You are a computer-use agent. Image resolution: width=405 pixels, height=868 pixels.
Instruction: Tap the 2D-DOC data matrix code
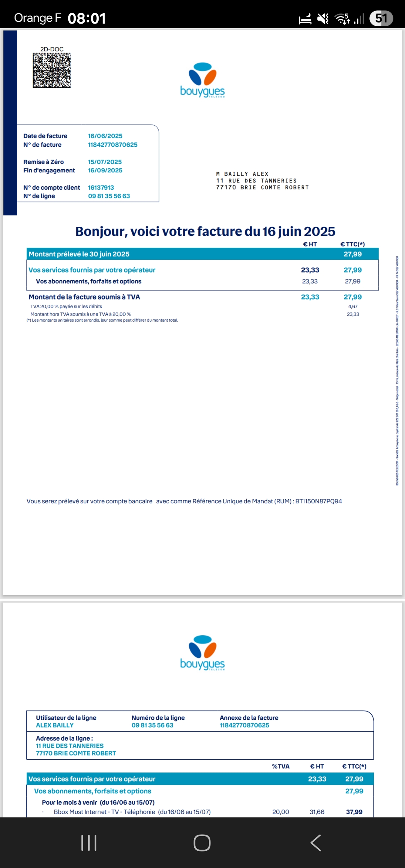click(x=52, y=70)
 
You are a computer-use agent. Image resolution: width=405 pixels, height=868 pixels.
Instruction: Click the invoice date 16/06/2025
click(x=105, y=136)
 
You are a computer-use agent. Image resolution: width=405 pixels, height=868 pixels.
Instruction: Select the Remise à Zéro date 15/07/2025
click(x=105, y=162)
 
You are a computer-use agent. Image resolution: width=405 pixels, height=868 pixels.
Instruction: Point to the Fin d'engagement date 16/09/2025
click(x=105, y=171)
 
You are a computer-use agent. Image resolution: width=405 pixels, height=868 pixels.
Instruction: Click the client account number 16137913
click(x=101, y=188)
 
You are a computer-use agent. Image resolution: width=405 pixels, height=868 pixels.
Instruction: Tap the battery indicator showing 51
click(x=381, y=18)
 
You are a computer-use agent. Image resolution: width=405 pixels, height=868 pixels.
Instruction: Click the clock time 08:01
click(x=87, y=18)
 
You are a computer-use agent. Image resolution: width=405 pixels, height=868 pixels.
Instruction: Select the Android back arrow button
click(x=316, y=843)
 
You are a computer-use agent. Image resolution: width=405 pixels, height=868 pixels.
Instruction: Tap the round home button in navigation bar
click(x=202, y=843)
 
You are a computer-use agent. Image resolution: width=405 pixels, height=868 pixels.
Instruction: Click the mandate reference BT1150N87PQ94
click(x=318, y=501)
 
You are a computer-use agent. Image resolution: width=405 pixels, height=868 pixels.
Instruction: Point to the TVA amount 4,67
click(x=352, y=307)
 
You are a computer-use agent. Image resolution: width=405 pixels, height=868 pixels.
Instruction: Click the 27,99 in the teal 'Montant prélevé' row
click(x=352, y=254)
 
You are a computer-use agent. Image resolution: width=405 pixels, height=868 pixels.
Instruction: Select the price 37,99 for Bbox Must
click(x=354, y=812)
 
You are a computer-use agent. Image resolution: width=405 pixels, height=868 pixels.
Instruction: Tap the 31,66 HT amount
click(x=317, y=812)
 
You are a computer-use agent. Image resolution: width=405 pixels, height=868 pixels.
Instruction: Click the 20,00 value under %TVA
click(x=280, y=812)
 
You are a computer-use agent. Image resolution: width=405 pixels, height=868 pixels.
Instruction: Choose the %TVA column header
click(x=280, y=766)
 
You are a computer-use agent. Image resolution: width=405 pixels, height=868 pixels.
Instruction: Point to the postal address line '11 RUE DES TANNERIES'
click(x=256, y=181)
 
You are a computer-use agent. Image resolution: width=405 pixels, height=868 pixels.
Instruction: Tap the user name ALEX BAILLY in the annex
click(x=55, y=725)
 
